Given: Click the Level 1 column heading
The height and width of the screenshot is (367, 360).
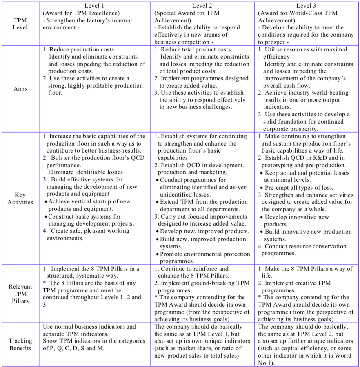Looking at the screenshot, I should [94, 5].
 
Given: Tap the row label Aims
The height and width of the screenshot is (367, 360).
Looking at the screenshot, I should [20, 88].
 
